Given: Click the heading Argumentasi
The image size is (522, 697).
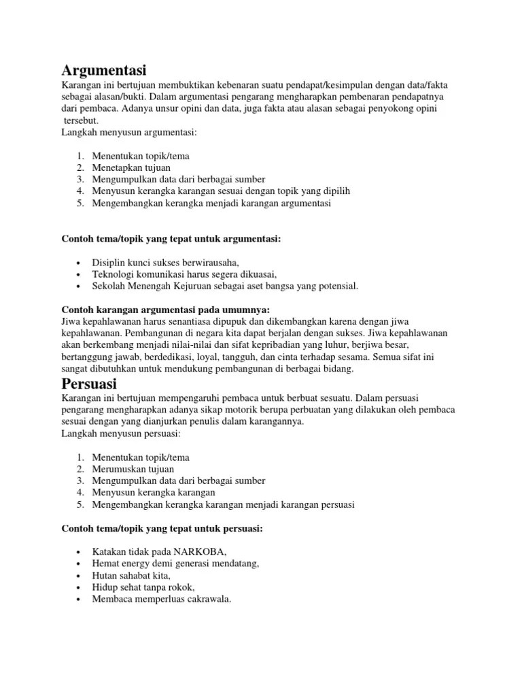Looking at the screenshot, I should [104, 69].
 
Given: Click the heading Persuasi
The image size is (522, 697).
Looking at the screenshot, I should [90, 383].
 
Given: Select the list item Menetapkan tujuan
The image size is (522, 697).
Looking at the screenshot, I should [131, 167].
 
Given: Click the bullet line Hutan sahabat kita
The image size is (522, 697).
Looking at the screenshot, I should [131, 575].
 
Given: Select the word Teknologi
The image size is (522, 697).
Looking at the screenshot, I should [114, 274].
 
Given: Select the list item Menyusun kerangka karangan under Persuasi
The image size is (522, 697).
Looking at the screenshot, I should [154, 492].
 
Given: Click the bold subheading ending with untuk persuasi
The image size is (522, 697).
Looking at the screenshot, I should [162, 528].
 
